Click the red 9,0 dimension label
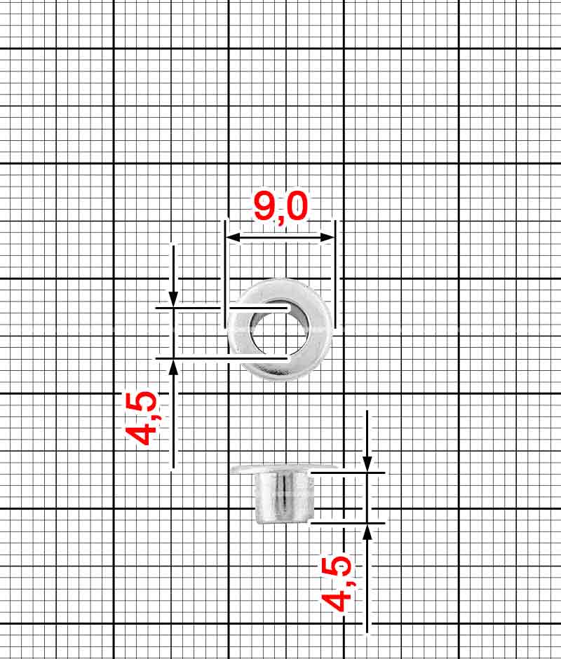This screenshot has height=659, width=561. (x=280, y=208)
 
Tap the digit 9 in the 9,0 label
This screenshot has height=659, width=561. (x=265, y=208)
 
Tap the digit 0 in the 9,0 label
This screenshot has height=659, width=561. (x=297, y=208)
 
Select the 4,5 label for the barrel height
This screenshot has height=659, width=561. (x=337, y=583)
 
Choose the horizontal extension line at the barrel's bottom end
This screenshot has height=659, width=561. (x=347, y=523)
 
